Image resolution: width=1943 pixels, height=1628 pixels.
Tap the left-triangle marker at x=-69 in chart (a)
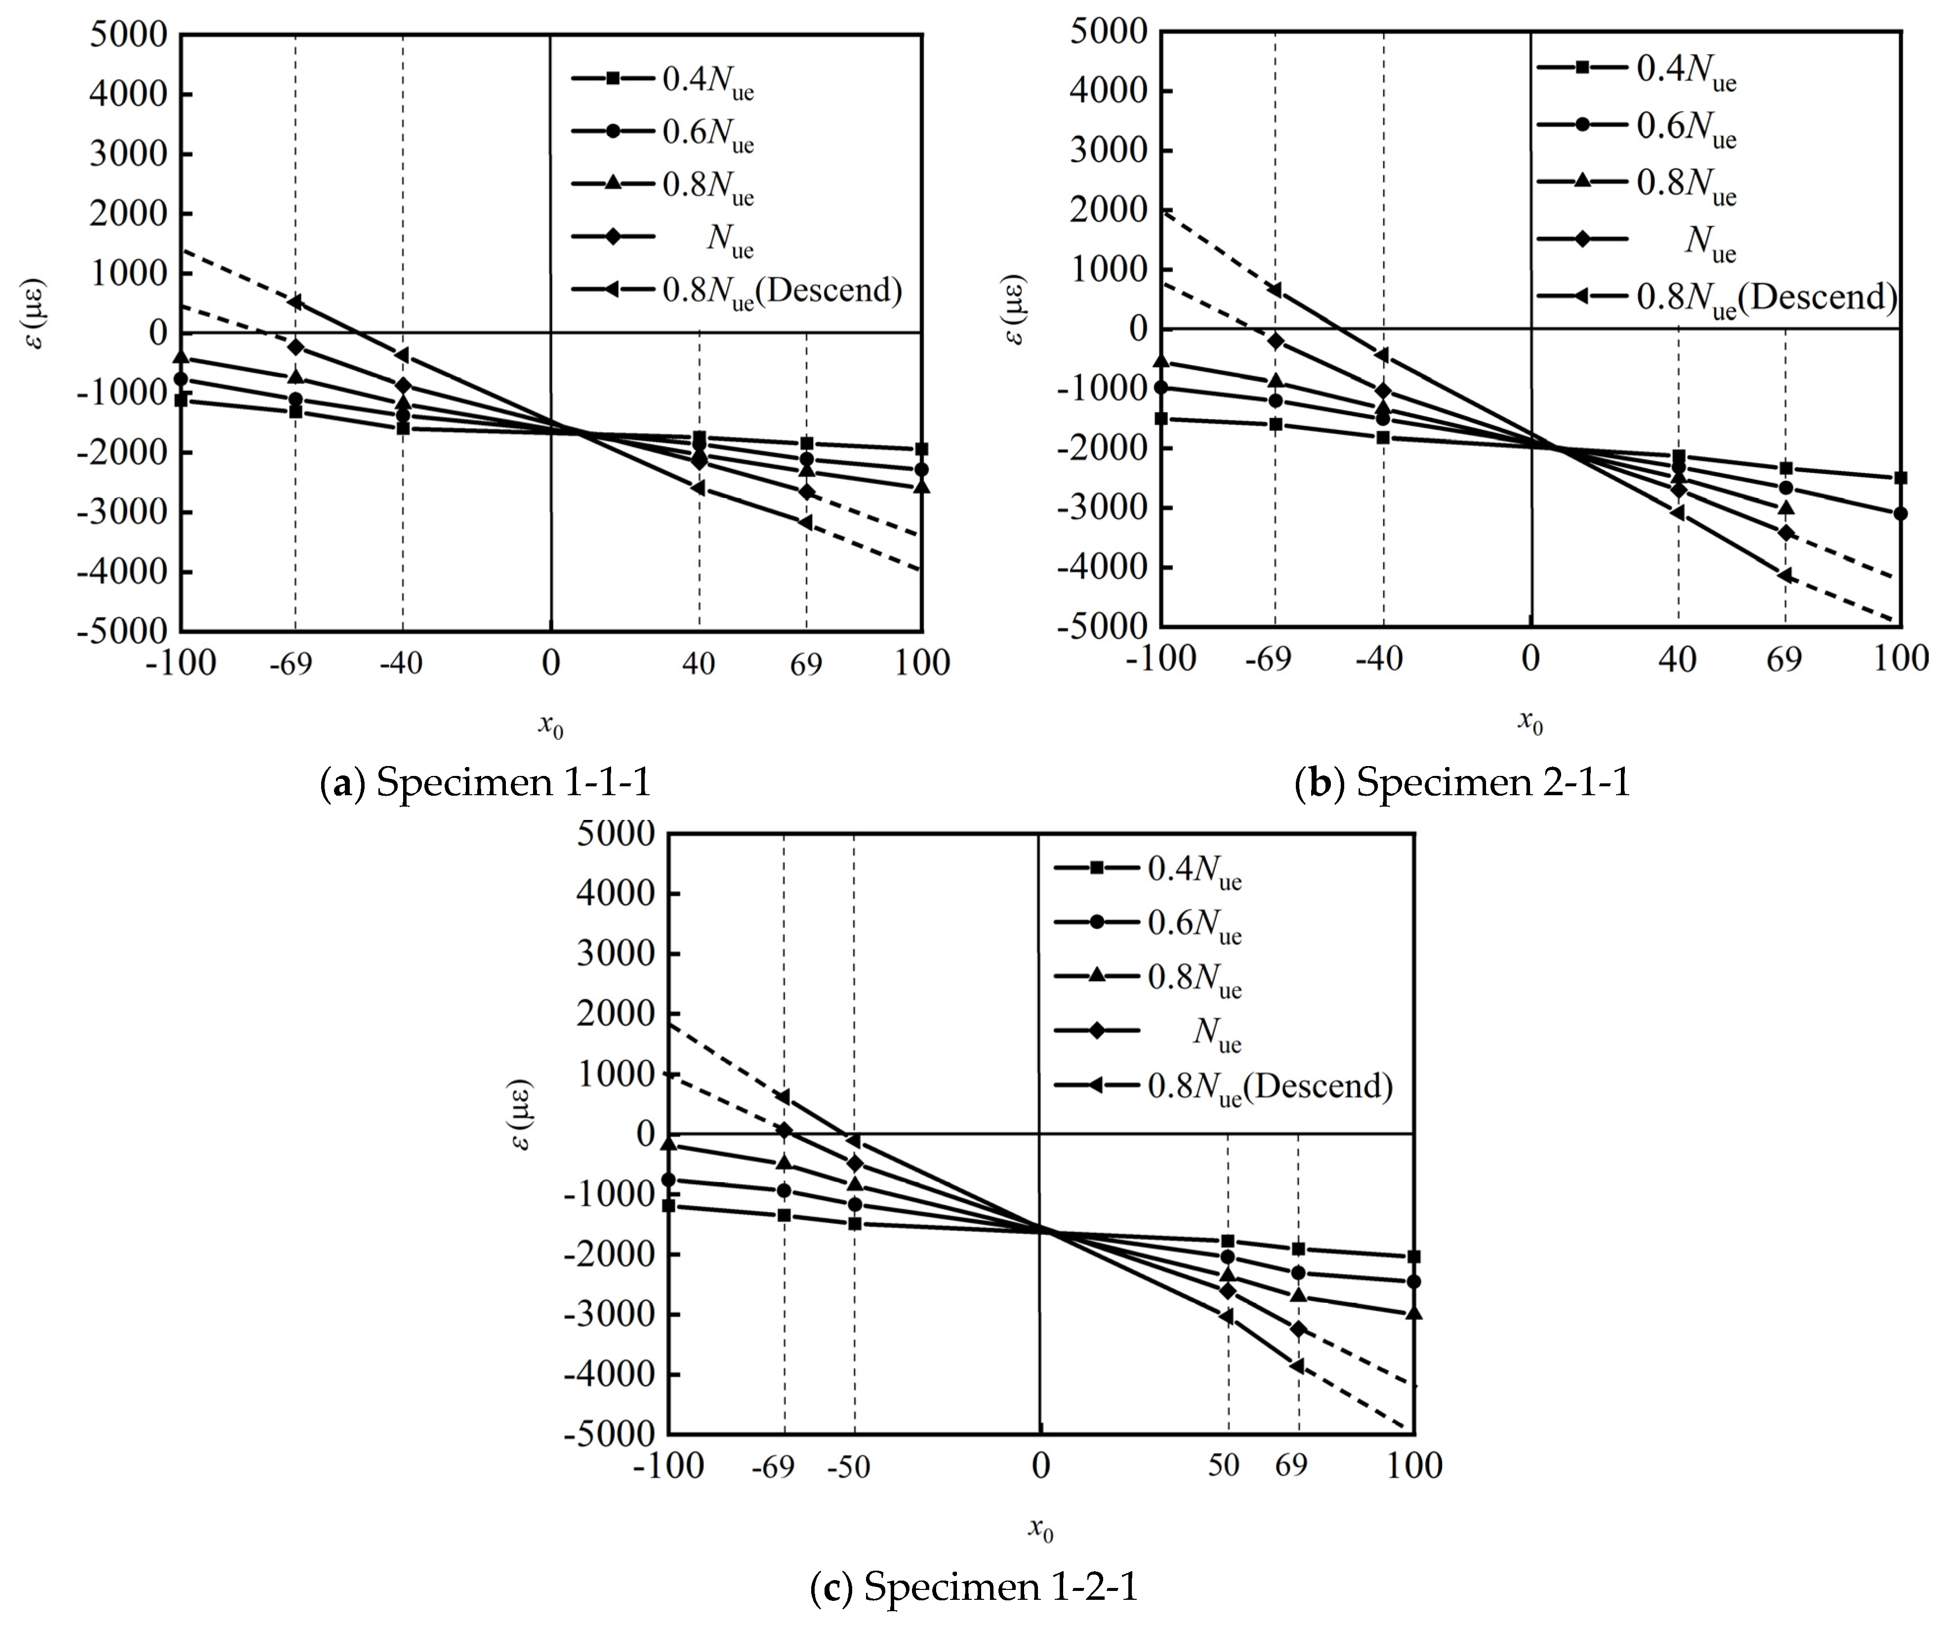pos(295,301)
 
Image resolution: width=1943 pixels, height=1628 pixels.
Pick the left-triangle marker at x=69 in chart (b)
pos(1785,576)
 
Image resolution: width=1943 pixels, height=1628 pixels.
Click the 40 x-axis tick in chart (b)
pos(1677,659)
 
